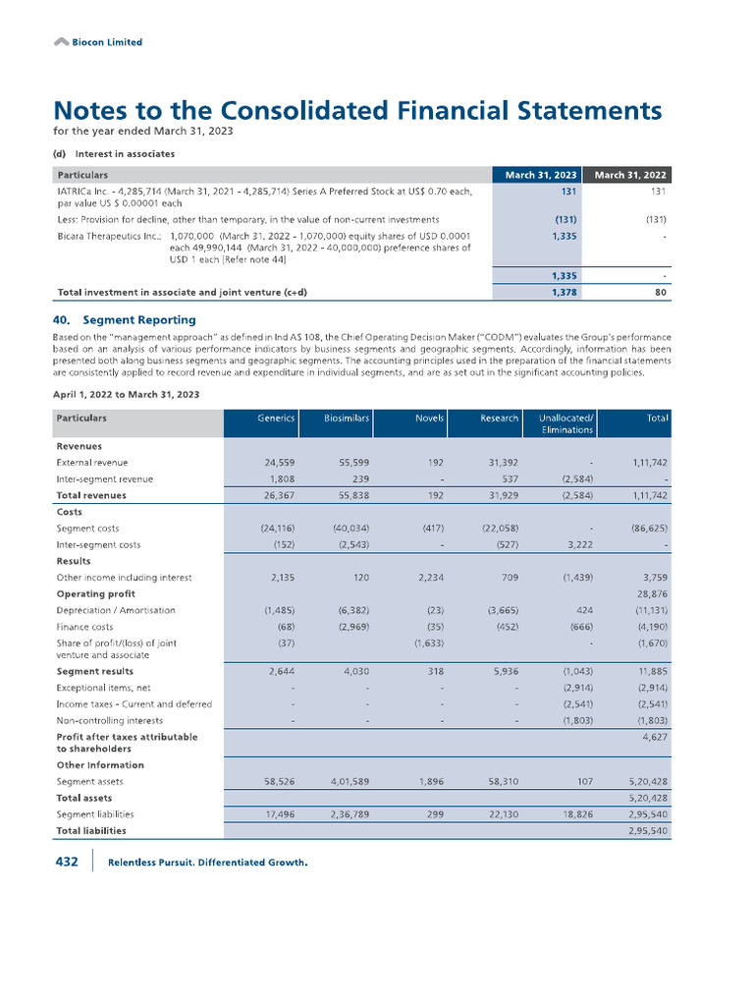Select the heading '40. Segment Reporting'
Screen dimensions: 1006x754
124,319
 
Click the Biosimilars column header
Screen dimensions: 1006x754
347,418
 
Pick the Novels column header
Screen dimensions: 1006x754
429,418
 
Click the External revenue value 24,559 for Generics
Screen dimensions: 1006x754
275,462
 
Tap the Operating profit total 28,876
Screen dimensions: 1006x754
652,593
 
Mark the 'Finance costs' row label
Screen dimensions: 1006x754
84,626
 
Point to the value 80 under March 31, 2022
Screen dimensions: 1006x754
661,292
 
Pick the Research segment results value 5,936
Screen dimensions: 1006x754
504,671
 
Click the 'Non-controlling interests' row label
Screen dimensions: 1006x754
111,720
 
